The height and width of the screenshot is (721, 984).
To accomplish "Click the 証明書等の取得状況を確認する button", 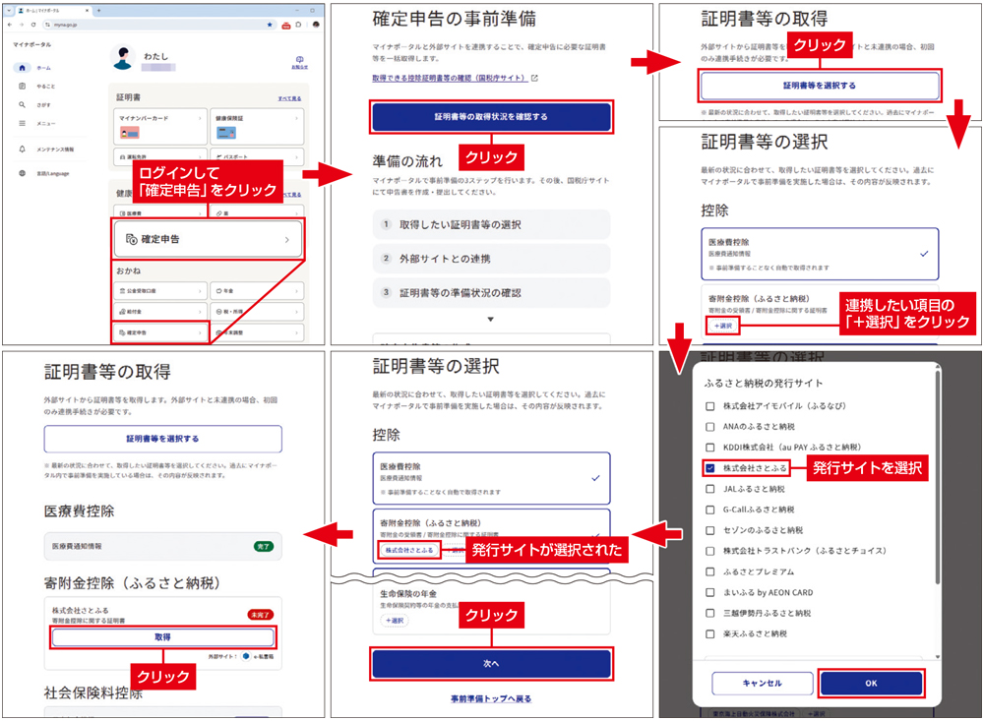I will click(x=491, y=117).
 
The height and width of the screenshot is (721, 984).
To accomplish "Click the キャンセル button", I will click(x=763, y=683).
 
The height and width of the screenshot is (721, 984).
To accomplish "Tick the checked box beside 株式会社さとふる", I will click(x=710, y=468).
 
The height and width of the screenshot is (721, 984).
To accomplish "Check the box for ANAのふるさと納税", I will click(x=710, y=426).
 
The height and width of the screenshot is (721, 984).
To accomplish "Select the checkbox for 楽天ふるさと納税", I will click(x=710, y=633).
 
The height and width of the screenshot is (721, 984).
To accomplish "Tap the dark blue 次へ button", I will click(x=491, y=663).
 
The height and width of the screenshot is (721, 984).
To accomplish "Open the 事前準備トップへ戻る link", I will click(x=491, y=699).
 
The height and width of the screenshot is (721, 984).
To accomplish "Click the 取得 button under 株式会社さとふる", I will click(x=163, y=637).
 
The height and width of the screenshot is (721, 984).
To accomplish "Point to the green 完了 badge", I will click(x=263, y=545).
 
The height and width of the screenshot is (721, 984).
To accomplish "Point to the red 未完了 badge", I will click(x=261, y=615).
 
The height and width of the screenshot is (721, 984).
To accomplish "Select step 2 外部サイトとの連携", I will click(x=491, y=259).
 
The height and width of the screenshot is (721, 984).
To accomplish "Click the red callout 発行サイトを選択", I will click(x=867, y=469).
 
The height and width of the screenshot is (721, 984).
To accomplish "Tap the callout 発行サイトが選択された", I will click(x=547, y=550).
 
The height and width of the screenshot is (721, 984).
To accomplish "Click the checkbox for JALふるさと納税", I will click(x=710, y=489).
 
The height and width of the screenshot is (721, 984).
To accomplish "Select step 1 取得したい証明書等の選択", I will click(x=491, y=224).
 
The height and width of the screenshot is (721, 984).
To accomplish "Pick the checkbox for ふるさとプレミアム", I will click(x=710, y=571).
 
